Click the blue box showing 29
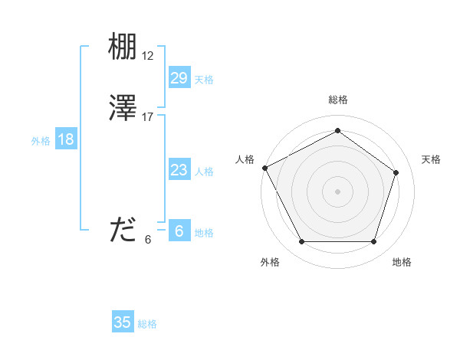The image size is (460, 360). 179,77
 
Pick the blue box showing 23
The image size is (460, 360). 179,170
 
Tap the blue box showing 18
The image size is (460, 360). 66,139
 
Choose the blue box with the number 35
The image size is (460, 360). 123,322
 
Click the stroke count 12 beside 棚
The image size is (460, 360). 148,56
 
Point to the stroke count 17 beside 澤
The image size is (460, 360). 148,117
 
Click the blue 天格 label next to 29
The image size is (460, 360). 204,80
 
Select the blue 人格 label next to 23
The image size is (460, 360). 204,172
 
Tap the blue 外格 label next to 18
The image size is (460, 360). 41,141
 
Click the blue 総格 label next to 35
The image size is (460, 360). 147,324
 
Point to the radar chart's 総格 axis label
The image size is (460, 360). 337,100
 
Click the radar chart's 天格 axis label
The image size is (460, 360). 432,159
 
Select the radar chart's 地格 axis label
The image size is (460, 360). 402,262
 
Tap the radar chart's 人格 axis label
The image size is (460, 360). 245,159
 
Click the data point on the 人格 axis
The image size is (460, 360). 264,168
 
